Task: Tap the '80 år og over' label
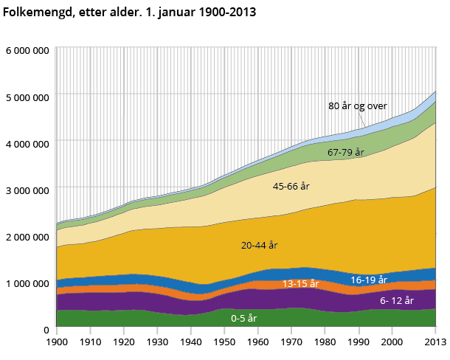358,105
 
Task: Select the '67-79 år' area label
347,153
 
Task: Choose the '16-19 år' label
369,280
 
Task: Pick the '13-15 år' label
300,283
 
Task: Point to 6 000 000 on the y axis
27,50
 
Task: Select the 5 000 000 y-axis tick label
27,97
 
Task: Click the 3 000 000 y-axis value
27,190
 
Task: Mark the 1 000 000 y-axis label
27,283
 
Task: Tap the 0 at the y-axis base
46,329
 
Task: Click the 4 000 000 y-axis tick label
27,143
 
